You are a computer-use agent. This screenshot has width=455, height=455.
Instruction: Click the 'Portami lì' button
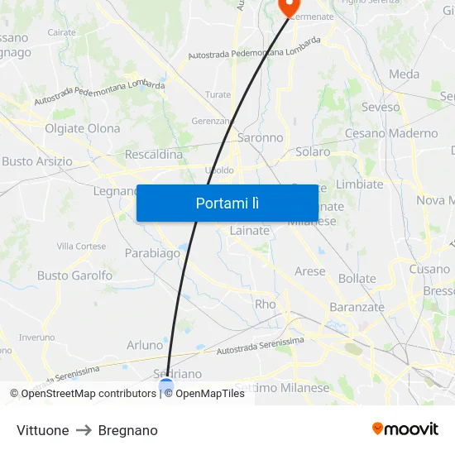(x=227, y=203)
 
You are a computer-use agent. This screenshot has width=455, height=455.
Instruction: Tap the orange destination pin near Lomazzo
(x=289, y=7)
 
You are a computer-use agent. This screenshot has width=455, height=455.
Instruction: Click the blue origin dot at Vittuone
(x=166, y=385)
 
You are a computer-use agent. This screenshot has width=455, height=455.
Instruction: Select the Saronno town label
(x=260, y=138)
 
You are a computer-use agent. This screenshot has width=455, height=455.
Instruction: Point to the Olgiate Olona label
(x=82, y=128)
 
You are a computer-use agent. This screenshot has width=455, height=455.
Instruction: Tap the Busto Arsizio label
(x=37, y=161)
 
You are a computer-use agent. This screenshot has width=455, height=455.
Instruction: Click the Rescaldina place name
(x=153, y=155)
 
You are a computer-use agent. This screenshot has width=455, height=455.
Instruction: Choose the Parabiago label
(x=152, y=253)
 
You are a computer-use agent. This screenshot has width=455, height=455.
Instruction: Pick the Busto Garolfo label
(x=74, y=275)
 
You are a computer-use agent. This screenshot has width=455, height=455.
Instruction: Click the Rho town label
(x=265, y=304)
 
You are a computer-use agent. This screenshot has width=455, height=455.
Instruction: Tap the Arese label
(x=310, y=271)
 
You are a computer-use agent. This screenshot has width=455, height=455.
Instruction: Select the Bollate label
(x=357, y=279)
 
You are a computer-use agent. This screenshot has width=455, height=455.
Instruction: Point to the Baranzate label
(x=357, y=307)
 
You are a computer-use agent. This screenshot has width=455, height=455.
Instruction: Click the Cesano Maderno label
(x=391, y=133)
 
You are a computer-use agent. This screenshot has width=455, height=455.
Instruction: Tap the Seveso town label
(x=381, y=107)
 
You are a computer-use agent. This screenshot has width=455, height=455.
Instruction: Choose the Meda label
(x=404, y=74)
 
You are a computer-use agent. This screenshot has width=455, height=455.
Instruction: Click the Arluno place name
(x=145, y=345)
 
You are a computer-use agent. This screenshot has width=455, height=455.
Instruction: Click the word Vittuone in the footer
(x=42, y=430)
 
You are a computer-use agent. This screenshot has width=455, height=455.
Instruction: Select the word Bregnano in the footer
(x=127, y=430)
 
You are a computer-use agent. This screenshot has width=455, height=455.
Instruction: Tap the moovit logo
(x=405, y=429)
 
